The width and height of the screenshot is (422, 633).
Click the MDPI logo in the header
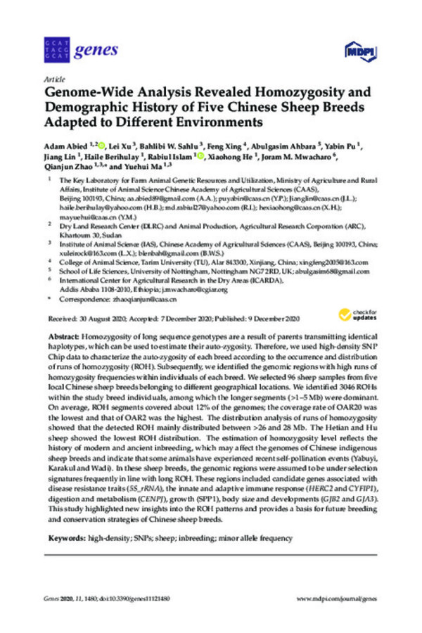coord(357,51)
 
